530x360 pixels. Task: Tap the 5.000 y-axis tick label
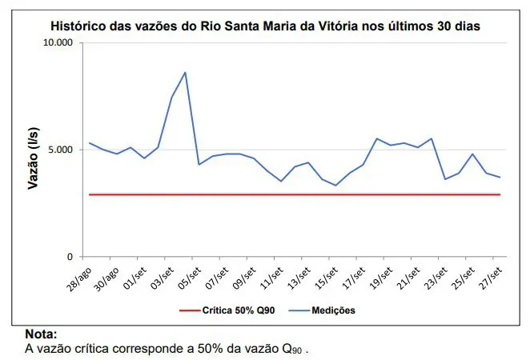[x=58, y=150]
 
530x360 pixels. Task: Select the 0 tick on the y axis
[x=70, y=257]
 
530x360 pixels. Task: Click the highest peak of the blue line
[x=185, y=73]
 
